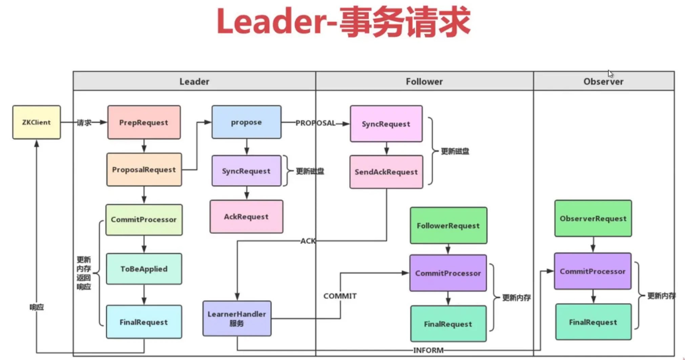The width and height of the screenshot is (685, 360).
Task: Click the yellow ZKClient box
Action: [x=37, y=122]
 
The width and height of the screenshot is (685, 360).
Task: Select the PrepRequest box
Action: [x=144, y=122]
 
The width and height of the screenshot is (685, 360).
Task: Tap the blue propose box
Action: [x=246, y=122]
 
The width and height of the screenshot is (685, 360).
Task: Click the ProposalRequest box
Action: [x=144, y=169]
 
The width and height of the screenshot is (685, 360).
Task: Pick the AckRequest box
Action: [x=246, y=217]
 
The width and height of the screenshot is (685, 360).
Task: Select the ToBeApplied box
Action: [x=144, y=269]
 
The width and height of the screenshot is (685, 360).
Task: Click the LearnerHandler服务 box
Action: [x=237, y=318]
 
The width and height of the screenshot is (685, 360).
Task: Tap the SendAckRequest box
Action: [x=386, y=172]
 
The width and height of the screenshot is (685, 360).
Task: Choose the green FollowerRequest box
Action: [x=448, y=226]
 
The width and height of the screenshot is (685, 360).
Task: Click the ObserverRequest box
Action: [x=593, y=219]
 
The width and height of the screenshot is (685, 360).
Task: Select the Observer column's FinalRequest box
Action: [x=593, y=322]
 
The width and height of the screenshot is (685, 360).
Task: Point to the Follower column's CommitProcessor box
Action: [x=448, y=273]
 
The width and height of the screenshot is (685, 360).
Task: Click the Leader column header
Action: [x=194, y=81]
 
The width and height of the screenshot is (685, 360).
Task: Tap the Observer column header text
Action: [x=603, y=81]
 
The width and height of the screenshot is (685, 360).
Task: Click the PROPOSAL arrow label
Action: [x=315, y=123]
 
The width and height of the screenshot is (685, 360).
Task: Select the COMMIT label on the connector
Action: [x=340, y=296]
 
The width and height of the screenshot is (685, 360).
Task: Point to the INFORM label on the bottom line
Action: [x=428, y=350]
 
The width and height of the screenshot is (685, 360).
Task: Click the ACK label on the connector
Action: [x=308, y=241]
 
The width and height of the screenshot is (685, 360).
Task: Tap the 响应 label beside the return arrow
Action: [x=37, y=307]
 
